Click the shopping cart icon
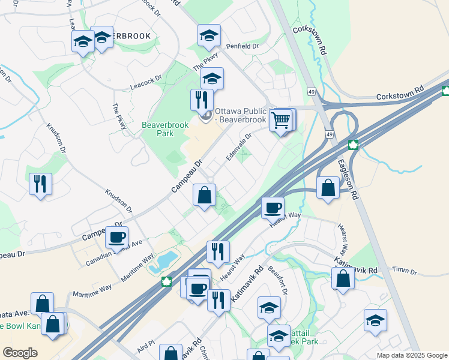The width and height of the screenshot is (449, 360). pos(280,121)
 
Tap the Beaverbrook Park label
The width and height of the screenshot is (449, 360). pos(165,129)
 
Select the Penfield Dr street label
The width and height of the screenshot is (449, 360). pos(242,46)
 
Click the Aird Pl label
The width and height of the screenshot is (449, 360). pos(146,345)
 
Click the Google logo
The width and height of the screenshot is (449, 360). pos(20,353)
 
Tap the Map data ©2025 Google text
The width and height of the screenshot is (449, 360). pos(412,355)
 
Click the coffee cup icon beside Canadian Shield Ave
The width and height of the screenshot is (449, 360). pos(116,236)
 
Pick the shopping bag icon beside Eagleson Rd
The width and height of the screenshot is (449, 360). pos(328,187)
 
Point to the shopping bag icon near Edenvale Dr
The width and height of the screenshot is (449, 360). pos(204,194)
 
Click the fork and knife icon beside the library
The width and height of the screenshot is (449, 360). pos(202,99)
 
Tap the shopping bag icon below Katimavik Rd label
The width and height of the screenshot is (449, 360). pos(342,279)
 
